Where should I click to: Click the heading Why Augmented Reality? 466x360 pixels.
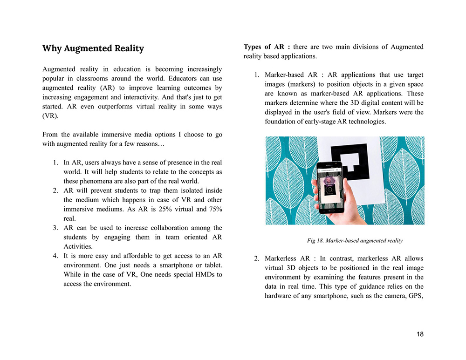point(93,48)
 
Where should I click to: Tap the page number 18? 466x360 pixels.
point(420,334)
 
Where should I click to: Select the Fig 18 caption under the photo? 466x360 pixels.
point(355,241)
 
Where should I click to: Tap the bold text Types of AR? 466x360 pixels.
point(267,47)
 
